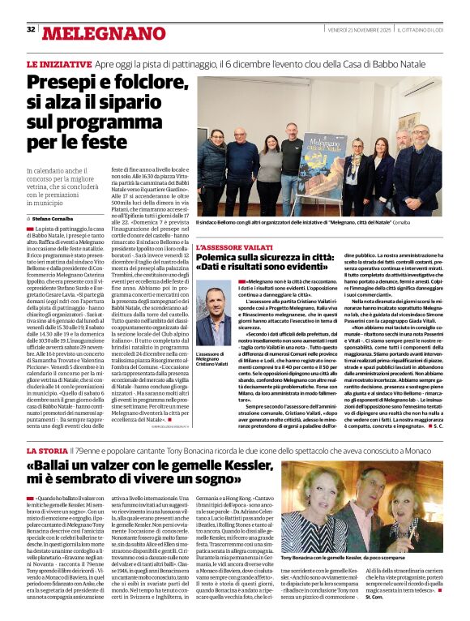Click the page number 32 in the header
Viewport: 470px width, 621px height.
pyautogui.click(x=31, y=28)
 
